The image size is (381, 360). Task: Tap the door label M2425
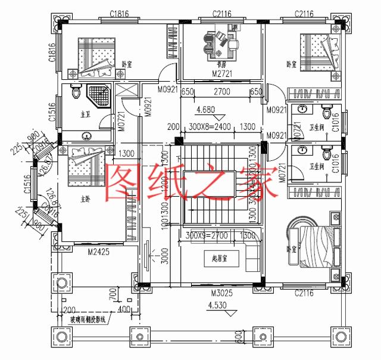[99, 253]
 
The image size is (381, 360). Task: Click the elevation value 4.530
[219, 307]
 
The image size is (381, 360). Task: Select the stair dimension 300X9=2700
[207, 236]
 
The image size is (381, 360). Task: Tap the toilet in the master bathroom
[75, 94]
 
